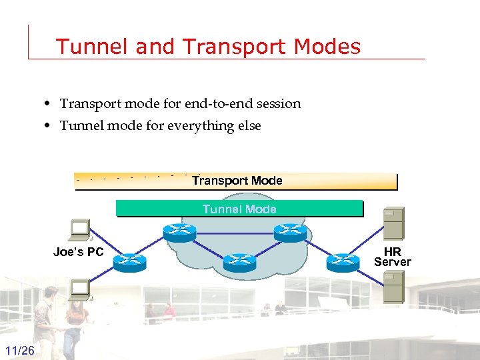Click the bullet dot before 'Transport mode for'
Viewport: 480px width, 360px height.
coord(49,104)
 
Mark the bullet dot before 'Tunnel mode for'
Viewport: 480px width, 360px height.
coord(49,126)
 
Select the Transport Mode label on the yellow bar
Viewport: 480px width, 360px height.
coord(237,181)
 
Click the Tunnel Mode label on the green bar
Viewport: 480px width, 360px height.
coord(239,209)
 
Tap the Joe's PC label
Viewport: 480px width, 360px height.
coord(79,252)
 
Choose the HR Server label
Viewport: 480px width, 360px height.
coord(393,257)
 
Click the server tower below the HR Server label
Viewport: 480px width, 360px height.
coord(393,287)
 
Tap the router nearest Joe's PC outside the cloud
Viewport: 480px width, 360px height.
coord(129,262)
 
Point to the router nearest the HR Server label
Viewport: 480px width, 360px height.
coord(343,262)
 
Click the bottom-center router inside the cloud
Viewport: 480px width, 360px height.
coord(239,262)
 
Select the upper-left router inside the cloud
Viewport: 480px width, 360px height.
coord(180,231)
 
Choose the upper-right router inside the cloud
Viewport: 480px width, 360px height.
coord(290,231)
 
